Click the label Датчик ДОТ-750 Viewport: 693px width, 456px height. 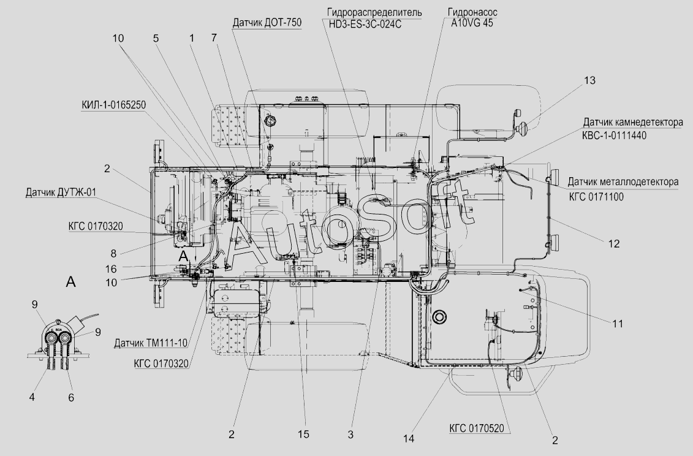(x=267, y=23)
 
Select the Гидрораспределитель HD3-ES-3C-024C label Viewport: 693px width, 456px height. (x=374, y=18)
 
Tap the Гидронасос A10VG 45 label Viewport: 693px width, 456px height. (x=472, y=18)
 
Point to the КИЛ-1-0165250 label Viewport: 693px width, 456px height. (x=113, y=105)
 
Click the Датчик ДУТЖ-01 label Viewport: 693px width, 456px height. (x=61, y=192)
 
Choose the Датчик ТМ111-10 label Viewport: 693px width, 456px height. (x=151, y=343)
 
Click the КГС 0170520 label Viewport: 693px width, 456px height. (x=477, y=428)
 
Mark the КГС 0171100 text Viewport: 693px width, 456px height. (x=596, y=197)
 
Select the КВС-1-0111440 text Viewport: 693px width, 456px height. (x=614, y=135)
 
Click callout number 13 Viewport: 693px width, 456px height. (x=589, y=80)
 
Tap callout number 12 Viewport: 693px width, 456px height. (x=614, y=244)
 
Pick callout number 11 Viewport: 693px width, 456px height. (x=618, y=324)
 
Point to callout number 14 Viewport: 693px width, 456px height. (x=409, y=439)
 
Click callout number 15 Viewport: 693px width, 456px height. (x=303, y=435)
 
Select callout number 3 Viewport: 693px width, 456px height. (x=350, y=435)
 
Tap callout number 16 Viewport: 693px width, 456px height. (x=111, y=269)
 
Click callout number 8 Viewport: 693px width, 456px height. (x=113, y=253)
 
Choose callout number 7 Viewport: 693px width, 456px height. (x=214, y=37)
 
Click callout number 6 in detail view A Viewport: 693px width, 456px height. (x=71, y=398)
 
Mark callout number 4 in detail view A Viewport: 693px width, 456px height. (x=32, y=397)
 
